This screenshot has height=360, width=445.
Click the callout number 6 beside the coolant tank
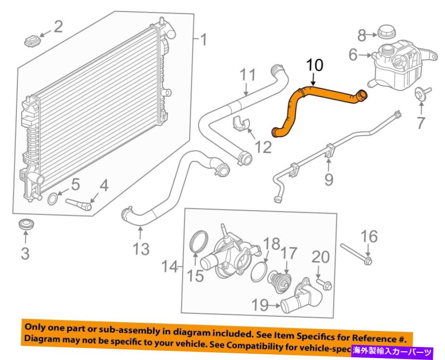coord(353,56)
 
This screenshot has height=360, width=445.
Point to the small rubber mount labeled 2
coord(31,40)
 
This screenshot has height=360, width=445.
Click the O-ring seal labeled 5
coord(54,197)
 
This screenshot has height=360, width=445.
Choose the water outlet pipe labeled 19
coord(302,301)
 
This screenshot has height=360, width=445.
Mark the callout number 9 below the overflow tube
coord(328,180)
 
